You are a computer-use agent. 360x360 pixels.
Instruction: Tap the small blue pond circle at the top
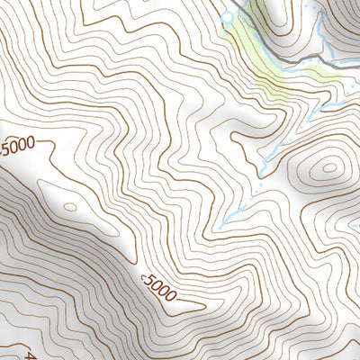(x=228, y=16)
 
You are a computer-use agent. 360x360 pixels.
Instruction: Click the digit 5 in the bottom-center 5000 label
(x=147, y=283)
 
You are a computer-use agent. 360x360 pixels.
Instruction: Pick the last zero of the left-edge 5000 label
(x=31, y=142)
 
